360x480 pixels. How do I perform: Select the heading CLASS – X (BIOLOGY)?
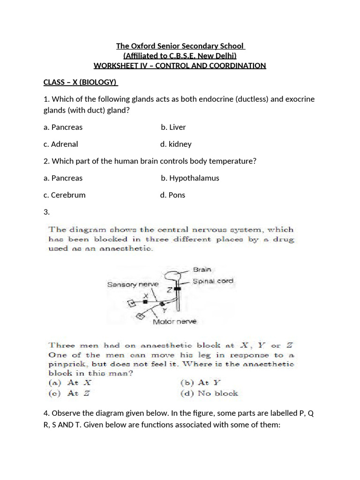tap(80, 82)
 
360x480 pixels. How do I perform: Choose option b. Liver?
tap(173, 127)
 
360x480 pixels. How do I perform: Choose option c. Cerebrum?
tap(65, 195)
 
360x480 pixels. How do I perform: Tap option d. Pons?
tap(172, 195)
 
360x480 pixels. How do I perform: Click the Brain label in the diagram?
tap(202, 270)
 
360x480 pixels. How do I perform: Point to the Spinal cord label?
tap(213, 281)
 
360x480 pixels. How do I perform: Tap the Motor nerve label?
tap(175, 322)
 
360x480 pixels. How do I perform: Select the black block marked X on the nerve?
tap(145, 302)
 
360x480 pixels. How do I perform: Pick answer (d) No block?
tap(209, 393)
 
